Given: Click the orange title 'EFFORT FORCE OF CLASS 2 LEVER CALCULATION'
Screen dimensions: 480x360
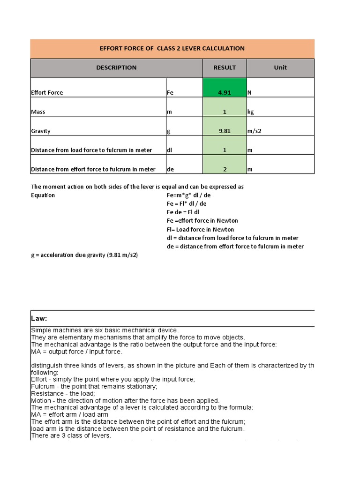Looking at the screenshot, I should click(x=172, y=48).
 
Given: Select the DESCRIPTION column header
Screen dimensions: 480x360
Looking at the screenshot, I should click(x=116, y=67).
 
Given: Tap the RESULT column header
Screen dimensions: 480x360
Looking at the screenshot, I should click(x=225, y=67).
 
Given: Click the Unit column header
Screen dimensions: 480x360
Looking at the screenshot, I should click(x=280, y=67).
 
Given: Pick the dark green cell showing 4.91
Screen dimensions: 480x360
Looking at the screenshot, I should click(x=225, y=92).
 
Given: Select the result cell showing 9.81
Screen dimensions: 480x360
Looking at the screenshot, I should click(x=225, y=131).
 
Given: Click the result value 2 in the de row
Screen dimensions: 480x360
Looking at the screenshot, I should click(x=225, y=169).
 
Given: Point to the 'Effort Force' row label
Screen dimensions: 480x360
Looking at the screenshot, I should click(x=47, y=93).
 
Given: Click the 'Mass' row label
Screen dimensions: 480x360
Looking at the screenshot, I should click(x=38, y=112).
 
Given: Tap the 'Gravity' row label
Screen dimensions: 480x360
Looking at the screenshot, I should click(x=41, y=131).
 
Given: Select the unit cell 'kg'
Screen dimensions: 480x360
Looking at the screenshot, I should click(x=251, y=112).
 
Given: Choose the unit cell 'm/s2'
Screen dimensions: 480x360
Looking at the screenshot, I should click(x=254, y=131).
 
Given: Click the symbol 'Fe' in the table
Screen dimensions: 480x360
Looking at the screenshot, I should click(x=170, y=93).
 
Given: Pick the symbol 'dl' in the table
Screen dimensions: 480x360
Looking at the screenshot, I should click(x=170, y=150).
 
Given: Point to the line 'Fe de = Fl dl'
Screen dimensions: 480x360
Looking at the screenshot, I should click(x=186, y=212).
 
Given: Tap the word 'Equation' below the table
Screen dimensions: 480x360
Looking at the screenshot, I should click(x=43, y=195).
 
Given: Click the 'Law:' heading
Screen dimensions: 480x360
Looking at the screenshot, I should click(x=39, y=318).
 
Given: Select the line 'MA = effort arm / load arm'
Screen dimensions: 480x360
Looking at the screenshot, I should click(x=69, y=414).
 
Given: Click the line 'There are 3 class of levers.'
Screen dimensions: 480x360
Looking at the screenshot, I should click(x=71, y=435).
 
